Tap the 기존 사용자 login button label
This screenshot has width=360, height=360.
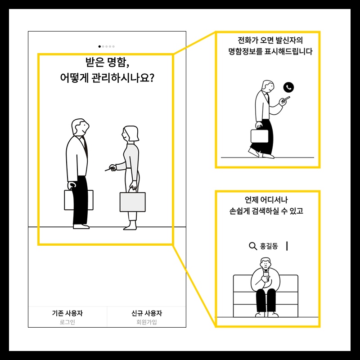(67, 314)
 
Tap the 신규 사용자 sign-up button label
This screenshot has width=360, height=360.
(147, 314)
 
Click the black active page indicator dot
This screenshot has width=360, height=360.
(99, 46)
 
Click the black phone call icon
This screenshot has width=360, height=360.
(288, 87)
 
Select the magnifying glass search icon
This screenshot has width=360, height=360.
(252, 246)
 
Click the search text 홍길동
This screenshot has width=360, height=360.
(269, 246)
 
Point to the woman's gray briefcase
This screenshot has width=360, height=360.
(132, 202)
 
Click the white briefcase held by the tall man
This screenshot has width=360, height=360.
(79, 200)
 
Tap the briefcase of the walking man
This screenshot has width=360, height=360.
(259, 136)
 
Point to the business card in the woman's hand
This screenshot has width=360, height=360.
(108, 169)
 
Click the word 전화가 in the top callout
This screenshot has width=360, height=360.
(247, 40)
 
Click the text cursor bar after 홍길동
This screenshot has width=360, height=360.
(287, 246)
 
